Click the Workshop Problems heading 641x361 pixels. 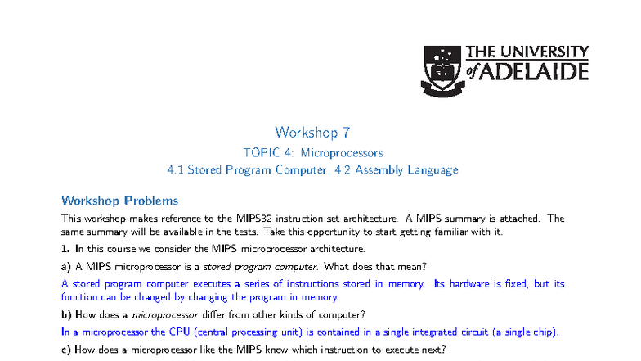point(120,201)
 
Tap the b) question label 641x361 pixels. point(66,315)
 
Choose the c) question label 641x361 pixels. point(66,350)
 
